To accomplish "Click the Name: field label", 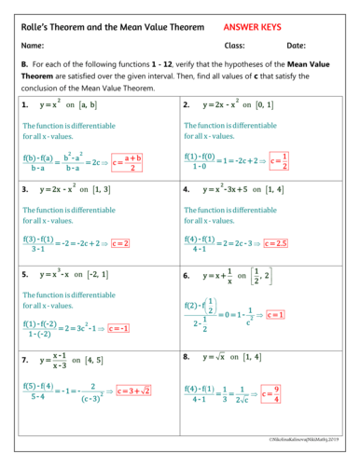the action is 34,46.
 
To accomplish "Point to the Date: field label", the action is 296,46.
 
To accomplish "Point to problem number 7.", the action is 25,359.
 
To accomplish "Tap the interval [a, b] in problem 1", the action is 90,105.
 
